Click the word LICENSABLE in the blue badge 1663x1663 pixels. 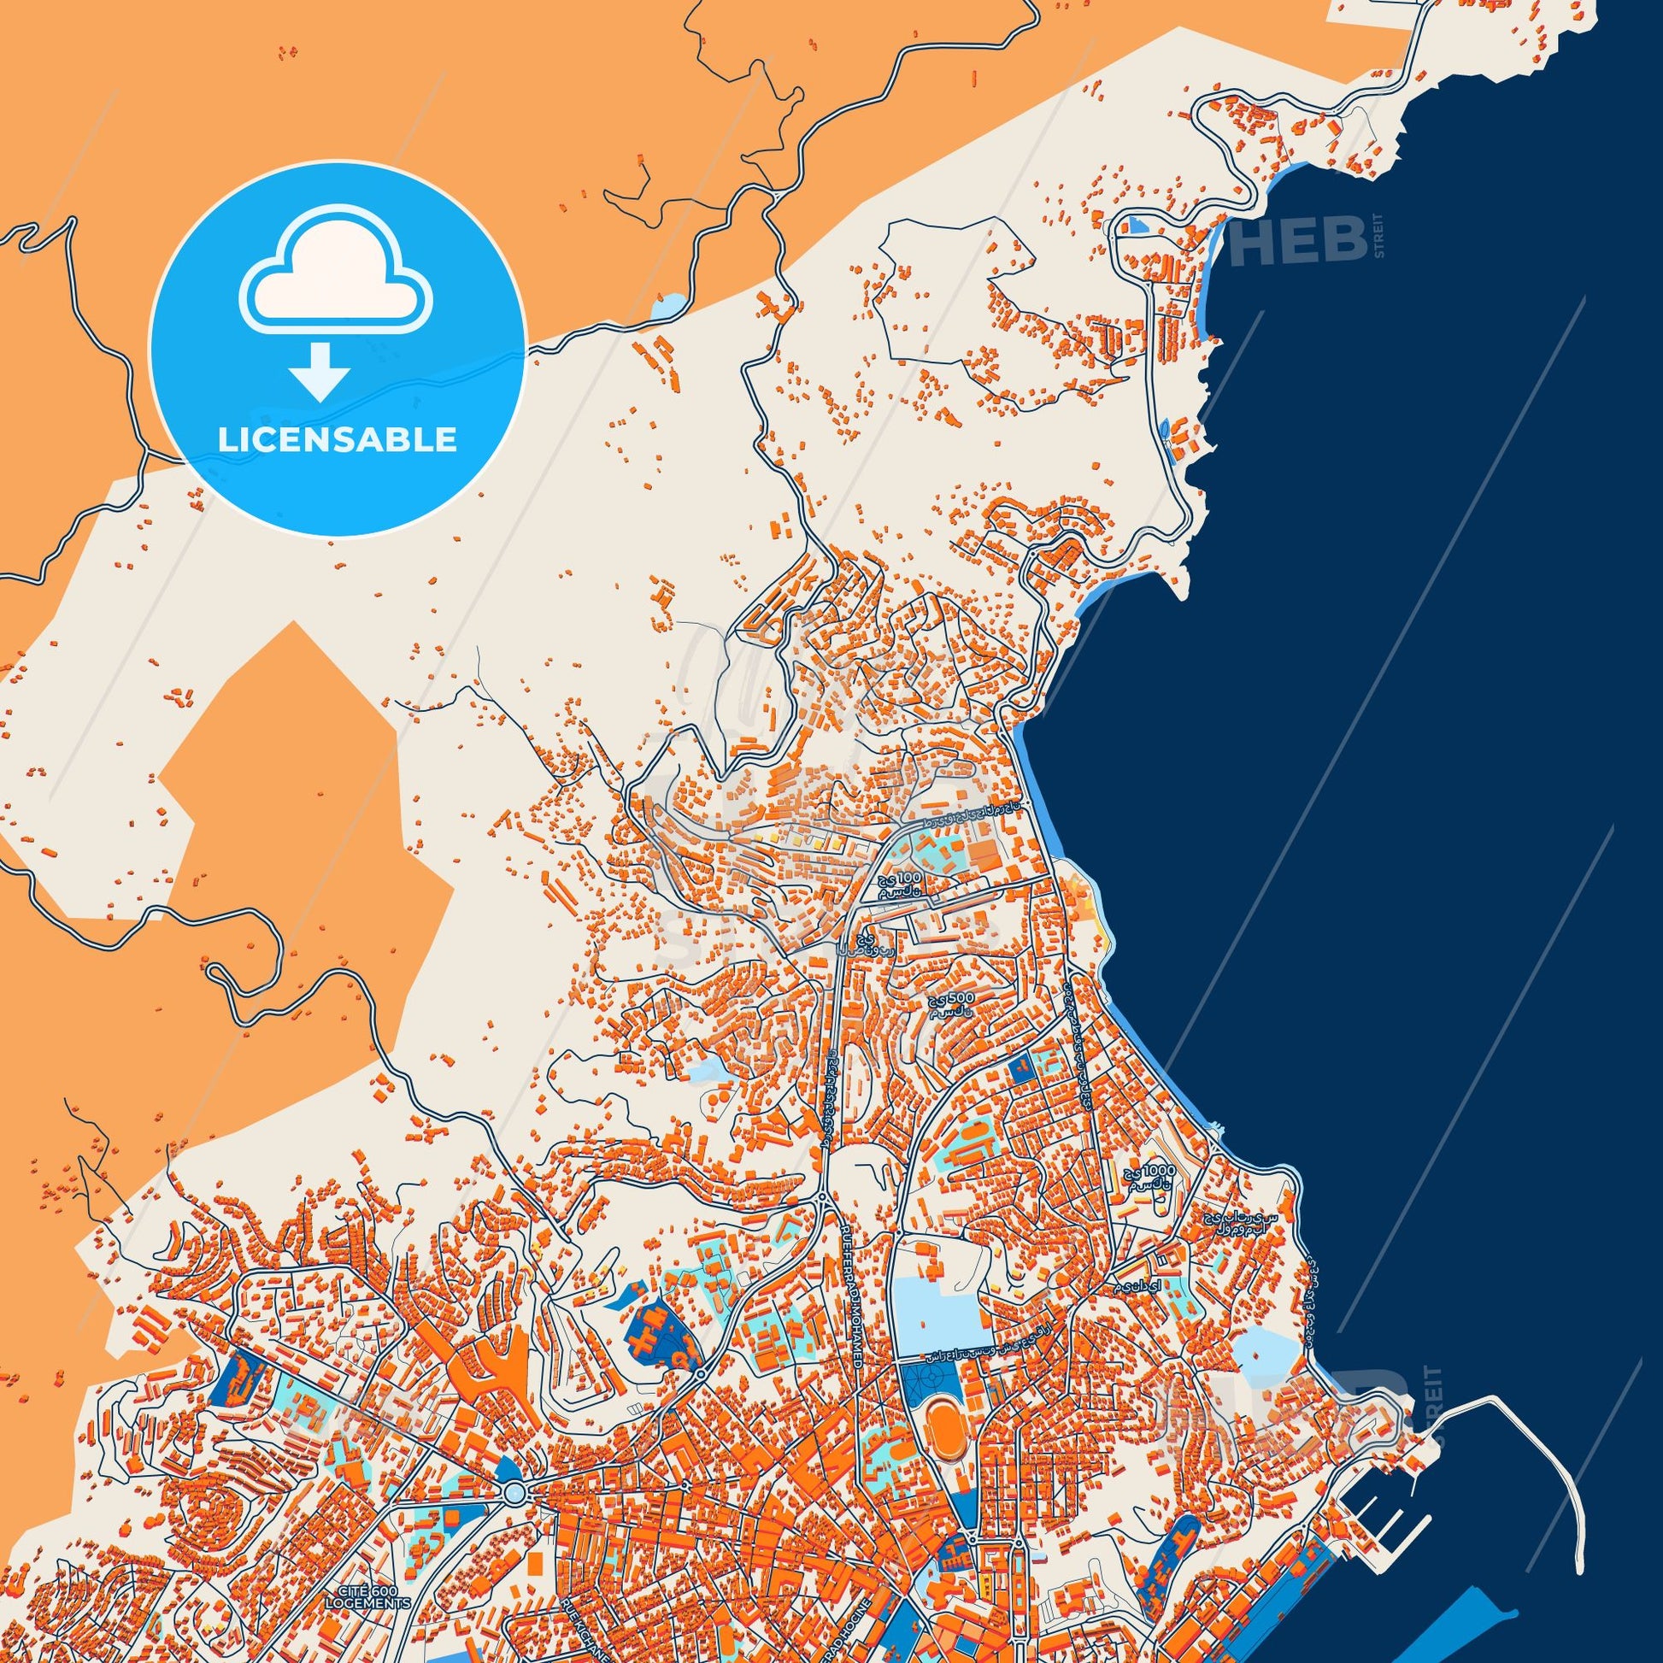point(337,440)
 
